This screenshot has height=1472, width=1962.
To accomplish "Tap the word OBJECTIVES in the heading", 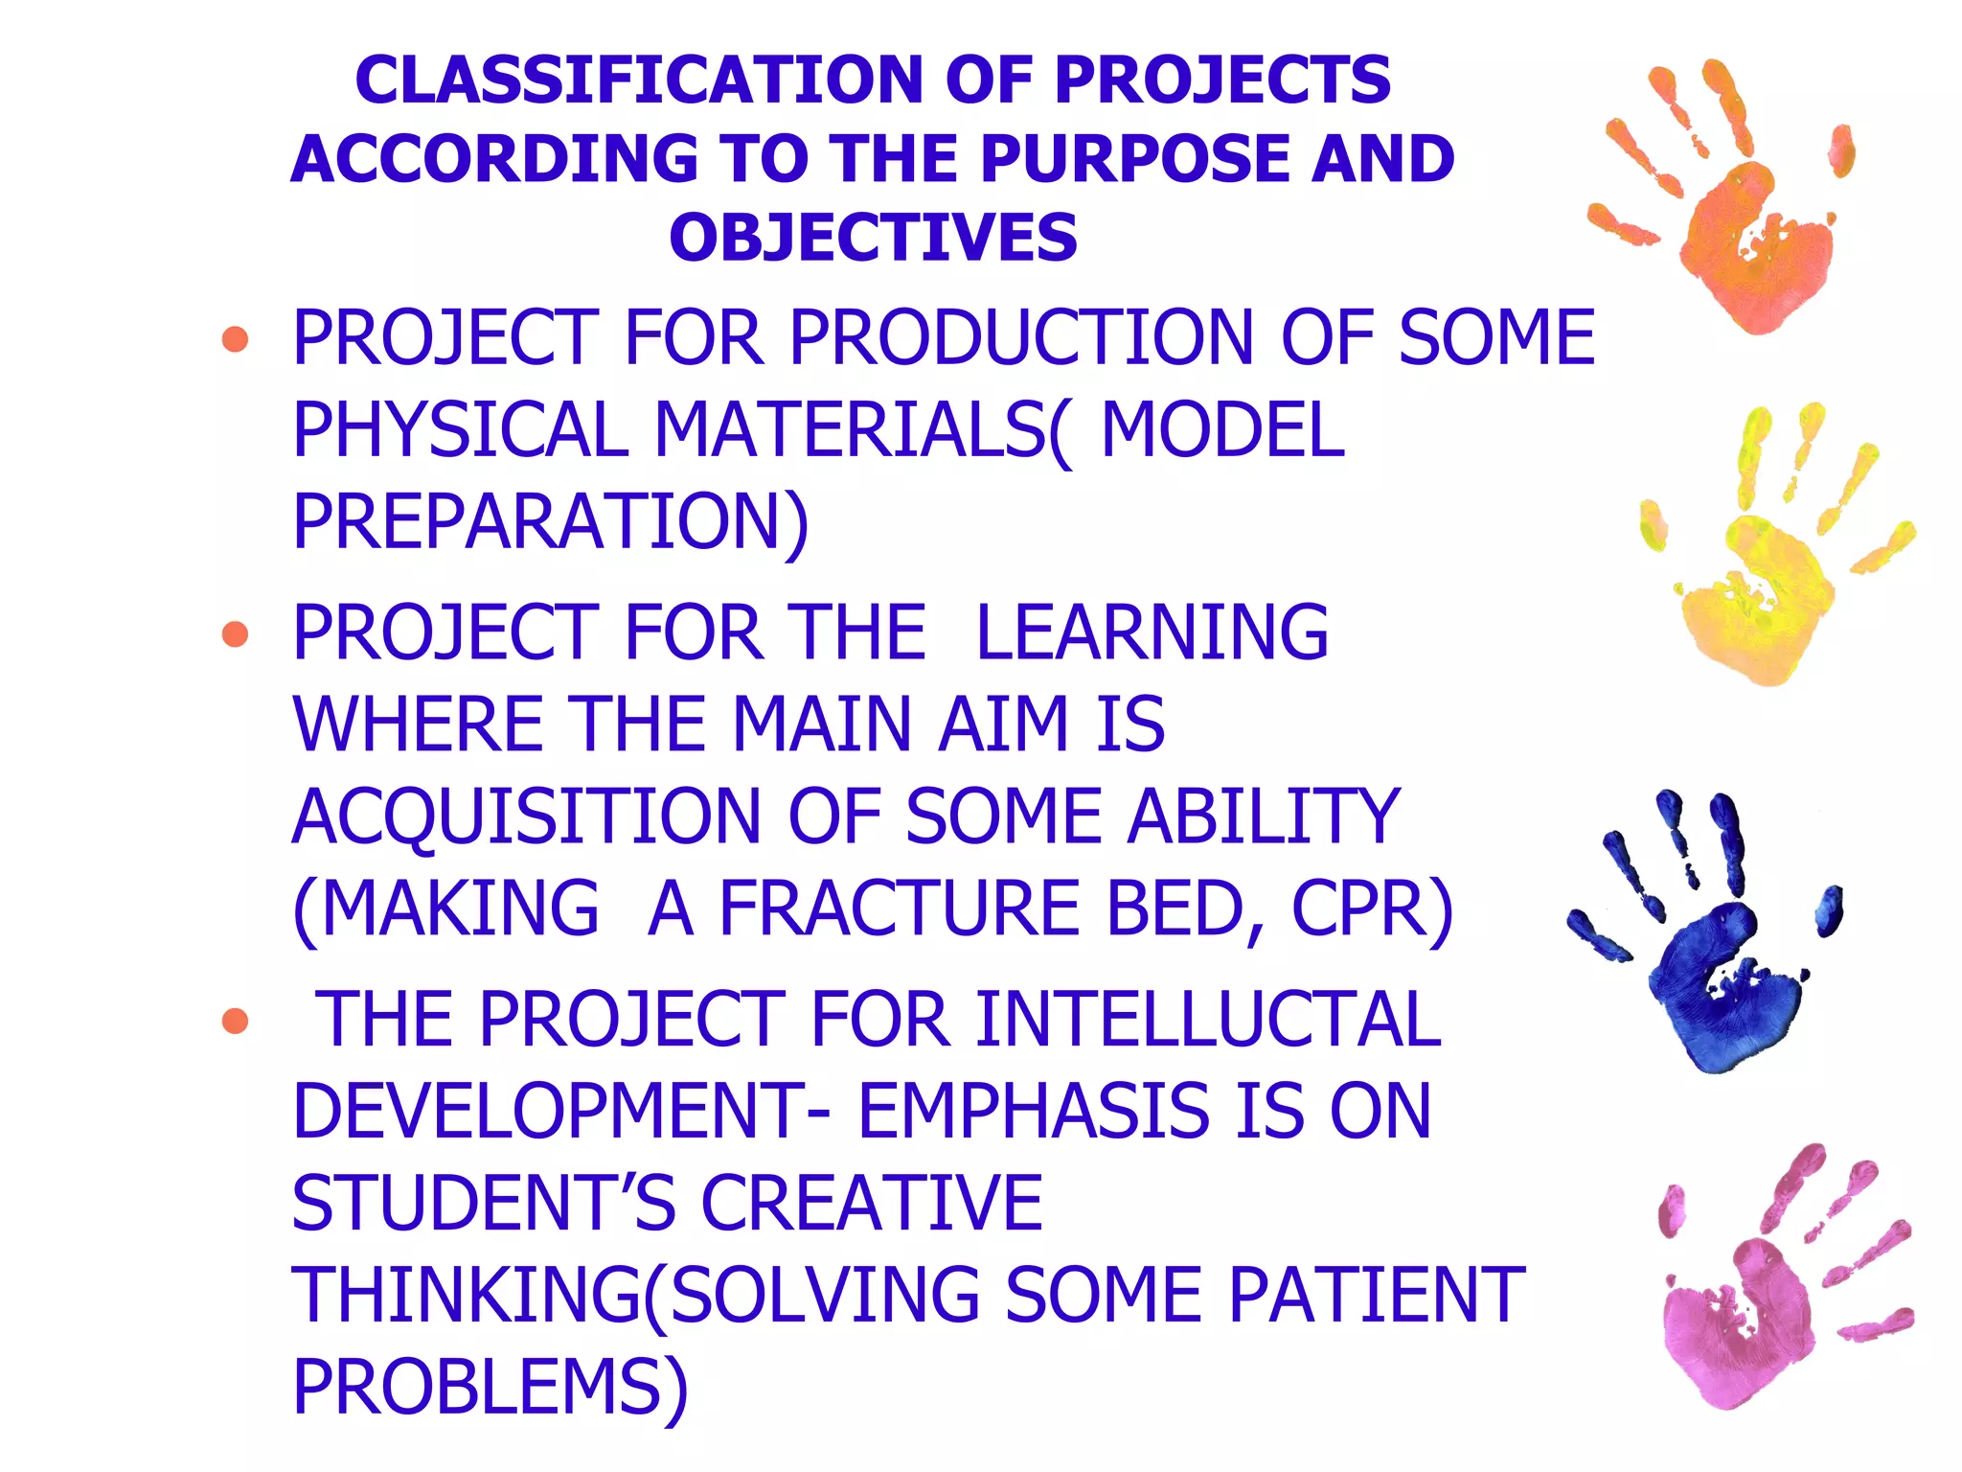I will pos(873,238).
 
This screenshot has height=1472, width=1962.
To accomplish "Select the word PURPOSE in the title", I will pos(1134,159).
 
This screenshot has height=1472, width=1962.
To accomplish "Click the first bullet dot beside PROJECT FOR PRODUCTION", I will pos(235,339).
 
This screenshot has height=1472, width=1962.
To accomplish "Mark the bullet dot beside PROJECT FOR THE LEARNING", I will pos(235,633).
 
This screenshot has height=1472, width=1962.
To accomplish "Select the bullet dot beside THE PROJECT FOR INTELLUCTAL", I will pos(235,1021).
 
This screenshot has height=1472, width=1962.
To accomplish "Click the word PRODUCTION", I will pos(1020,338).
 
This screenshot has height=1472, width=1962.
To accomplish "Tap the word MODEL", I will pos(1222,430).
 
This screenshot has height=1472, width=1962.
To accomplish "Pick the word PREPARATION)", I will pos(551,522).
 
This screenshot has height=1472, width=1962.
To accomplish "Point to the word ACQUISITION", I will pos(527,817).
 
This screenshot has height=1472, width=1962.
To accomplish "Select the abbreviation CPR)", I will pos(1372,909).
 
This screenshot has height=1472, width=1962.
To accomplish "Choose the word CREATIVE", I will pos(872,1204).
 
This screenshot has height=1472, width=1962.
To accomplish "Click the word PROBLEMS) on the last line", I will pos(490,1388).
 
